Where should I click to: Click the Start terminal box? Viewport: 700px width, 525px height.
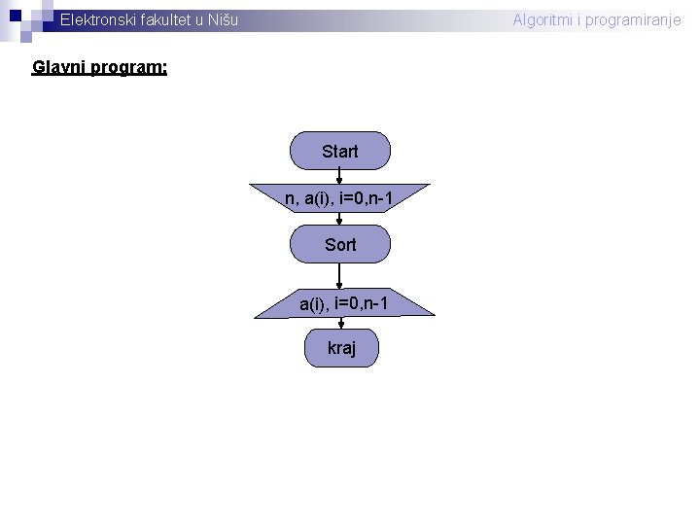click(340, 152)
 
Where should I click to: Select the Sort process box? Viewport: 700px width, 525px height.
click(340, 244)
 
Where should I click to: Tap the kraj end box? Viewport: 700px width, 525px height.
click(341, 347)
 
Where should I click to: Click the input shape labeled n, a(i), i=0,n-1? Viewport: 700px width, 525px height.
click(340, 198)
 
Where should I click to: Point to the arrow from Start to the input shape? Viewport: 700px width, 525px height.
click(339, 176)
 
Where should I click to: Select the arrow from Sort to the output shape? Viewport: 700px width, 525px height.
click(339, 276)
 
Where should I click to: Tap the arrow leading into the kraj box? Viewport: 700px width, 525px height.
click(339, 324)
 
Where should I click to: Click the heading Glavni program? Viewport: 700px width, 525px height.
click(99, 68)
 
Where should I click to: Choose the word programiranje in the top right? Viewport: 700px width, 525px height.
click(635, 19)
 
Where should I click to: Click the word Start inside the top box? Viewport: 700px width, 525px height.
click(340, 152)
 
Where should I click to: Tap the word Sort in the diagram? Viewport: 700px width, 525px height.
click(340, 244)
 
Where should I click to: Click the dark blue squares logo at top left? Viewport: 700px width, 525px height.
click(24, 15)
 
